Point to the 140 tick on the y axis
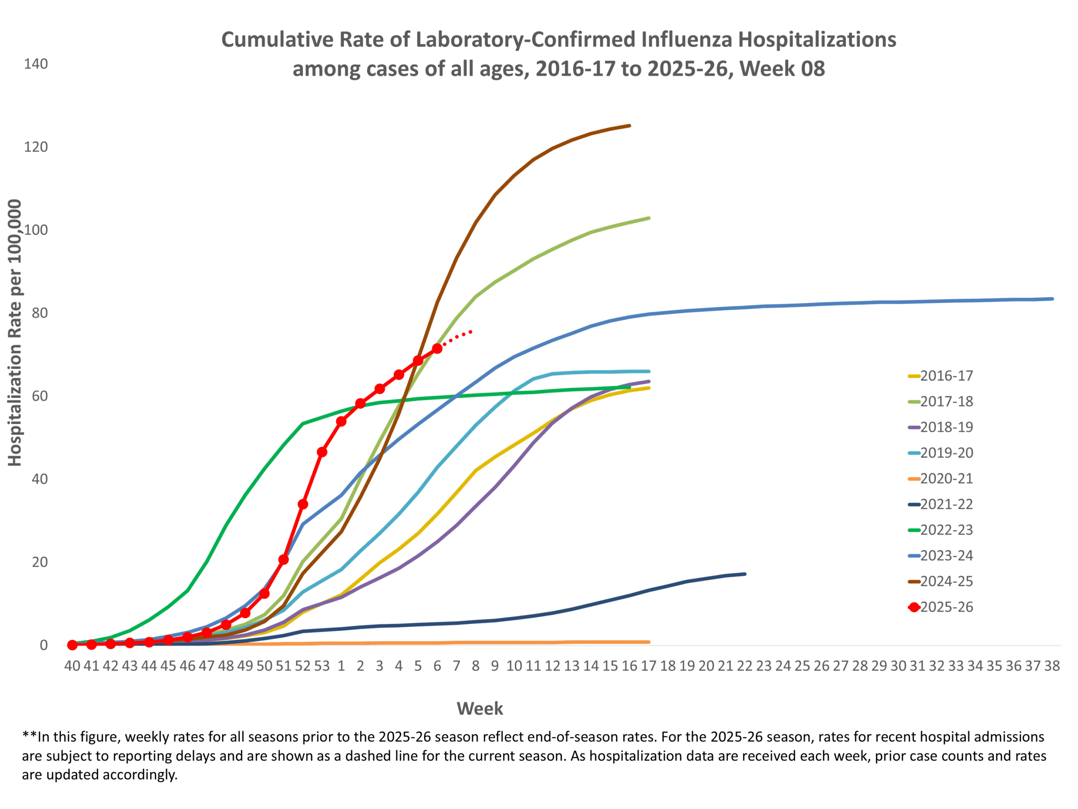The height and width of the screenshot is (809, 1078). coord(36,64)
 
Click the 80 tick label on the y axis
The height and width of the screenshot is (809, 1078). coord(40,313)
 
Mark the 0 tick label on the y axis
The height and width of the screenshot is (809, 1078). coord(44,645)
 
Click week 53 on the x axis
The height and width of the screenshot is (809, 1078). coord(322,666)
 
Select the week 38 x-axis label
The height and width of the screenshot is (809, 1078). coord(1052,666)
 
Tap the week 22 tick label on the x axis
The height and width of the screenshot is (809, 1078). coord(744,666)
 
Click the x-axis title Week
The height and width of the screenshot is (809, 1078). coord(480,709)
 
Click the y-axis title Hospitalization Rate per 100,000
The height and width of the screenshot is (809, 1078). coord(15,332)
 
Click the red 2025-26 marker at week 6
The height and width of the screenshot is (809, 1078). coord(437,348)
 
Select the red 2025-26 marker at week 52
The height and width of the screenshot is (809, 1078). coord(303,504)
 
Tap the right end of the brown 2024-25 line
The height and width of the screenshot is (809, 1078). coord(630,126)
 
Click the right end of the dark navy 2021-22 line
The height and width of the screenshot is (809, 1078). coord(744,574)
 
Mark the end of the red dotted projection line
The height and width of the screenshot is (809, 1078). coord(471,332)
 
